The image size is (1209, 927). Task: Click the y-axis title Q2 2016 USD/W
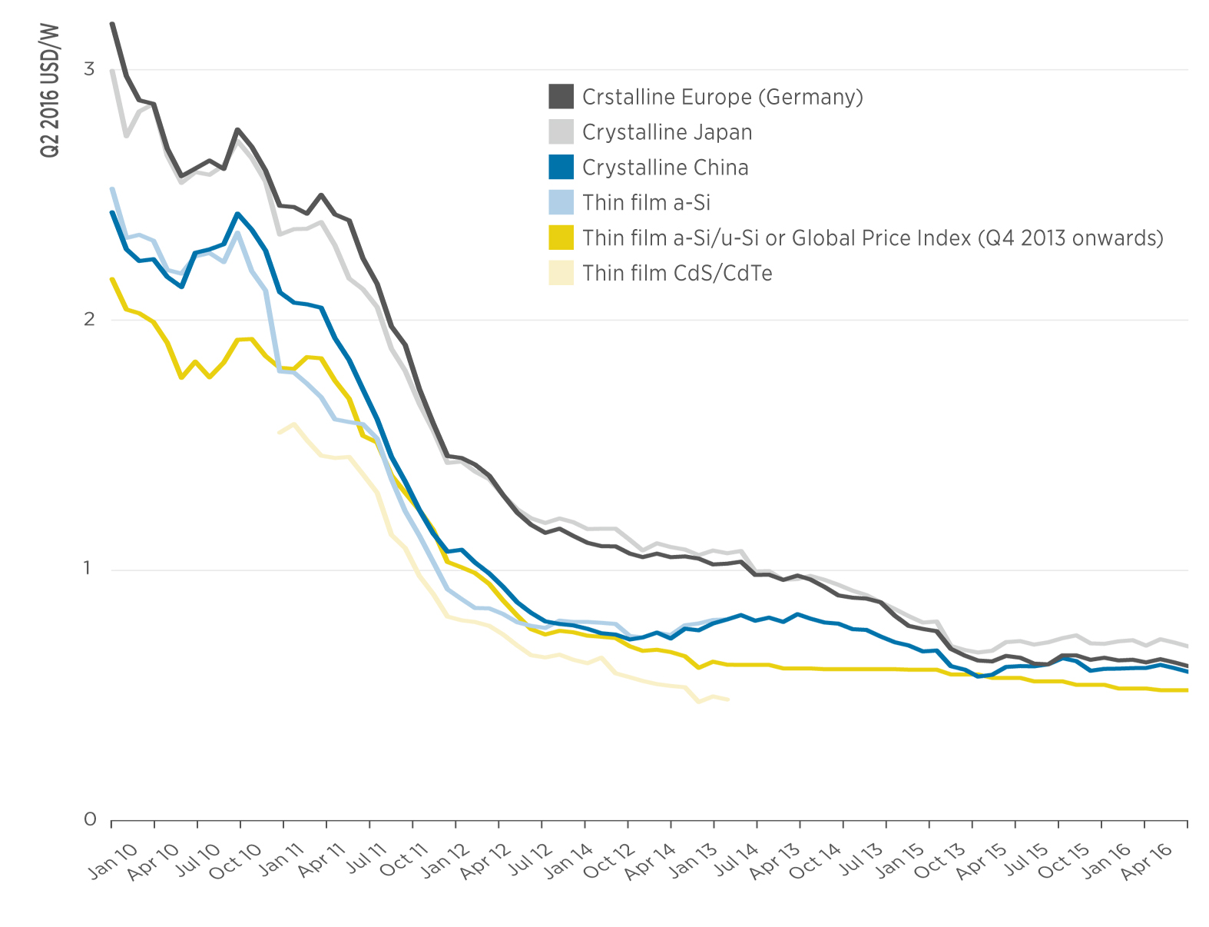pyautogui.click(x=49, y=91)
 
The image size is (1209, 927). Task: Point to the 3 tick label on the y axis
pyautogui.click(x=89, y=69)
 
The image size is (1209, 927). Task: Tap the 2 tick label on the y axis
pyautogui.click(x=89, y=320)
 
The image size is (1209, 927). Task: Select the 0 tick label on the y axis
pyautogui.click(x=89, y=820)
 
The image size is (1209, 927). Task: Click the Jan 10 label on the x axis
pyautogui.click(x=113, y=860)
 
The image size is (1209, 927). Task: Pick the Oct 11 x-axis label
pyautogui.click(x=403, y=859)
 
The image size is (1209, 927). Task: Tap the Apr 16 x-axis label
pyautogui.click(x=1146, y=860)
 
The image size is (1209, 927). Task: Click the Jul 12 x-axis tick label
pyautogui.click(x=531, y=860)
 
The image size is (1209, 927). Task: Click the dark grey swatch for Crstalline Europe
pyautogui.click(x=561, y=97)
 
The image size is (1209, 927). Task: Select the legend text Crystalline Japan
pyautogui.click(x=667, y=132)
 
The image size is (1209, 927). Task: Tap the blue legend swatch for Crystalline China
pyautogui.click(x=561, y=168)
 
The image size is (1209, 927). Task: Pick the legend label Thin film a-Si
pyautogui.click(x=646, y=203)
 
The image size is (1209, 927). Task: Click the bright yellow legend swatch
pyautogui.click(x=561, y=238)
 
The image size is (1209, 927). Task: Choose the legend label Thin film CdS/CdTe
pyautogui.click(x=677, y=273)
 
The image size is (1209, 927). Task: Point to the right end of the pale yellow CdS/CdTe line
pyautogui.click(x=727, y=699)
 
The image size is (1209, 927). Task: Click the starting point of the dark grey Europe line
pyautogui.click(x=112, y=25)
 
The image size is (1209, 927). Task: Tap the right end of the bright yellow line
pyautogui.click(x=1187, y=690)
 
